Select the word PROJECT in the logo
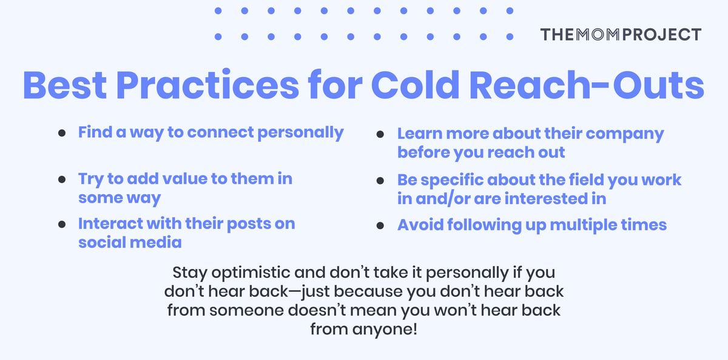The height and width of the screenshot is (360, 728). click(x=664, y=34)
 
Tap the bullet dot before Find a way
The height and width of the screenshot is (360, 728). click(x=62, y=134)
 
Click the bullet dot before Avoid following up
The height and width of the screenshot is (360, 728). click(x=380, y=226)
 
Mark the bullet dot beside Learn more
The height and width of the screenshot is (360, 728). click(x=380, y=134)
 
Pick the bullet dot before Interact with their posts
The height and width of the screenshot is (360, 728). click(x=62, y=224)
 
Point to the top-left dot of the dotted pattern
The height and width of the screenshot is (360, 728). click(x=218, y=11)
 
